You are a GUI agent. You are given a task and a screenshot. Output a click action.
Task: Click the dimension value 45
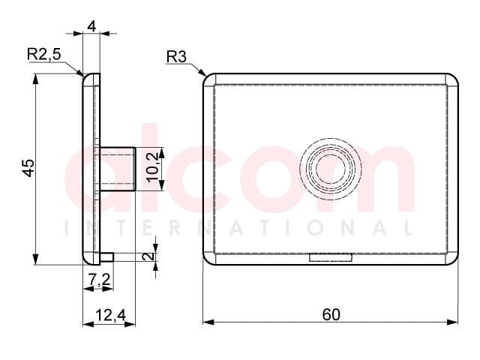[x=28, y=168]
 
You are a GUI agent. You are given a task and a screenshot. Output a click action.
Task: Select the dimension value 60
[x=331, y=315]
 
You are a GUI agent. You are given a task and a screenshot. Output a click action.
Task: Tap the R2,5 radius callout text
[x=44, y=54]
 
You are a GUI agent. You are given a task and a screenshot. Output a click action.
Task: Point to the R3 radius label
[x=176, y=57]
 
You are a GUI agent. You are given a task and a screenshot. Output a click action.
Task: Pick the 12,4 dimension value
[x=111, y=315]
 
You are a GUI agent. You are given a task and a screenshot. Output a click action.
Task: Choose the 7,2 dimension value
[x=99, y=279]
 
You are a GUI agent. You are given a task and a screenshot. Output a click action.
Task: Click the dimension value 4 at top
[x=91, y=27]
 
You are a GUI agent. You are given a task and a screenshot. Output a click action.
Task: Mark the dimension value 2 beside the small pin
[x=148, y=256]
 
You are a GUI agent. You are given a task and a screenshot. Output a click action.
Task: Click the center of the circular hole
[x=330, y=169]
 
